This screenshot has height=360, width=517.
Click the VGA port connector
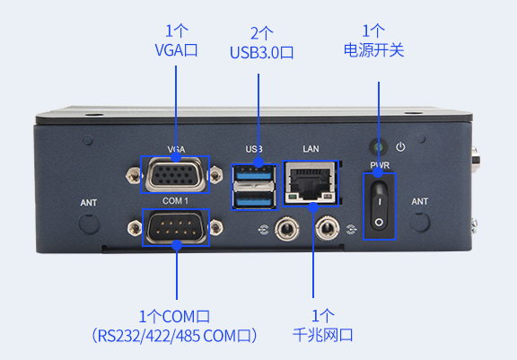(x=175, y=173)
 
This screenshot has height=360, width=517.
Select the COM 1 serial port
(x=175, y=228)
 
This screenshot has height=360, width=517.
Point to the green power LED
(x=377, y=145)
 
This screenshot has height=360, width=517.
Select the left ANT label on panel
(x=89, y=203)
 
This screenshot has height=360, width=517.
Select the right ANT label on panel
(x=420, y=203)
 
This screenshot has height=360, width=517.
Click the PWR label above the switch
(x=378, y=164)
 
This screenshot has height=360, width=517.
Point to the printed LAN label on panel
(x=311, y=148)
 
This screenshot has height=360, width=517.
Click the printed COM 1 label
(x=174, y=200)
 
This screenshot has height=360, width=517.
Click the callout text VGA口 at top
(x=176, y=50)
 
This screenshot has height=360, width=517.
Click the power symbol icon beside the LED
(x=401, y=146)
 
